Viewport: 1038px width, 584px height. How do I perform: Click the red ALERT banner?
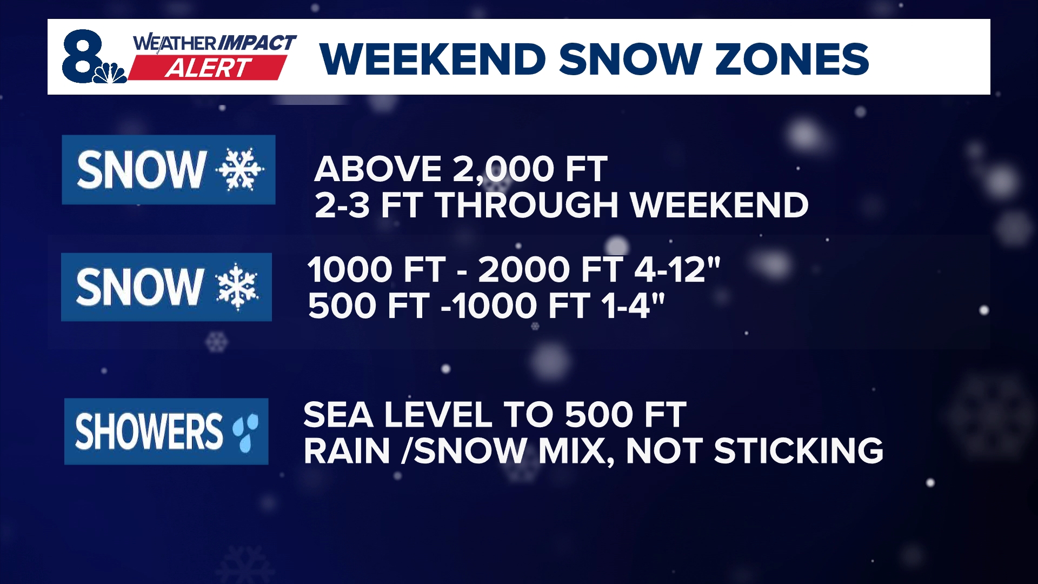pos(208,68)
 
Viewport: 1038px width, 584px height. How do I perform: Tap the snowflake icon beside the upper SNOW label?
pos(239,170)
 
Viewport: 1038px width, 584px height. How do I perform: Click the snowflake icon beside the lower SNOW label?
pos(237,287)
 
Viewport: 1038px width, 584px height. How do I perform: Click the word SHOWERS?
pos(149,432)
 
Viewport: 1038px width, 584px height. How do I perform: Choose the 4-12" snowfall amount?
pos(677,269)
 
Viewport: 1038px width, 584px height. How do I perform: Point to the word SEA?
pos(338,415)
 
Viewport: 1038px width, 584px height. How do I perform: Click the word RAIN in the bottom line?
pos(347,451)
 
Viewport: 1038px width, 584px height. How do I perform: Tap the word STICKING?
pos(799,451)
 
